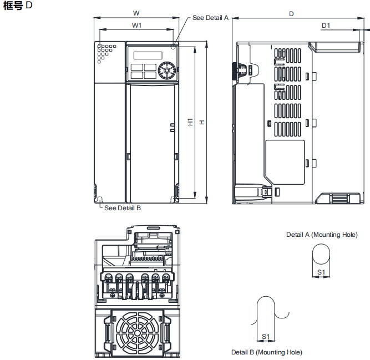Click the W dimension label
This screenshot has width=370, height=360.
click(136, 12)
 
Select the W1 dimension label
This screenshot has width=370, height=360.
click(136, 26)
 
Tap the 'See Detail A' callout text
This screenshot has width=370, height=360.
click(210, 18)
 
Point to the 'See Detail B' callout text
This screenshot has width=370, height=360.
click(123, 208)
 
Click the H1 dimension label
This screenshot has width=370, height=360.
click(190, 122)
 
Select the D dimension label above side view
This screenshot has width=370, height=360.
click(291, 13)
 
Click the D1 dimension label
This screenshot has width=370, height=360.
click(326, 26)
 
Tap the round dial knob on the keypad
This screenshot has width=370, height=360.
click(165, 70)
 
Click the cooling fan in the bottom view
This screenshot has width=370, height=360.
click(136, 333)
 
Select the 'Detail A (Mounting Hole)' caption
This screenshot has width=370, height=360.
click(322, 235)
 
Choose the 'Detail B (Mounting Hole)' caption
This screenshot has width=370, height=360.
click(267, 352)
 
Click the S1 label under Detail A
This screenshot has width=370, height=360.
click(321, 272)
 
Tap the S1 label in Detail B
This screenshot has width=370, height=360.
click(266, 337)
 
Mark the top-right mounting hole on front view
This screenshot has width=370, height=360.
click(174, 48)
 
